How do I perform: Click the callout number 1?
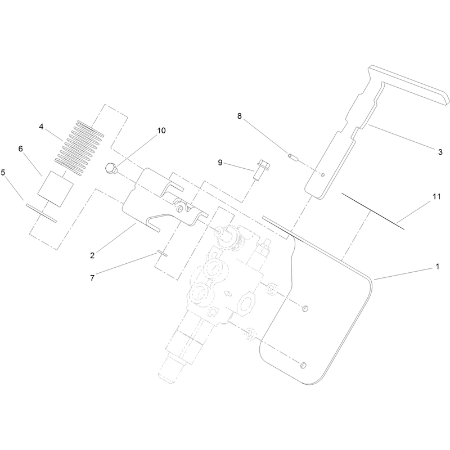(x=438, y=267)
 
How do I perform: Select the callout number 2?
(x=92, y=255)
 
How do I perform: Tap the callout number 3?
(x=440, y=152)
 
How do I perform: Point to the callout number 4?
(x=41, y=127)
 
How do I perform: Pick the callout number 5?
(x=3, y=173)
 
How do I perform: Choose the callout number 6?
(x=20, y=148)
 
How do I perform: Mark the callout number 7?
(x=92, y=278)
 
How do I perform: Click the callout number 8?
(x=240, y=116)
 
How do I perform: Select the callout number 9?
(x=220, y=163)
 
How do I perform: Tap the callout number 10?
(x=161, y=130)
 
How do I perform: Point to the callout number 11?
(x=436, y=196)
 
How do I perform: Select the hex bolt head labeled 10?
(x=111, y=168)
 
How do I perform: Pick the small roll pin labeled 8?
(x=292, y=157)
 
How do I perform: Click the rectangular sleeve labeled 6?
(x=55, y=189)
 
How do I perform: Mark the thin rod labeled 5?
(x=41, y=213)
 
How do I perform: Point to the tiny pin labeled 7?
(x=162, y=253)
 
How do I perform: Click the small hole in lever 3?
(x=323, y=175)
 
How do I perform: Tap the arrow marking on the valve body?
(x=227, y=293)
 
